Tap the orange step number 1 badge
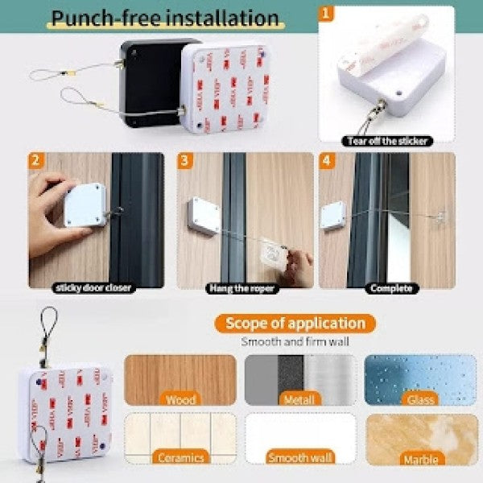(326, 14)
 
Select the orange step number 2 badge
(36, 159)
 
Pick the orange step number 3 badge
(184, 159)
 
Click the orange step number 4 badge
(326, 159)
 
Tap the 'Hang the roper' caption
(242, 287)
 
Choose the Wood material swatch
(180, 379)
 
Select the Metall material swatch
(299, 379)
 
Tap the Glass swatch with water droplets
(420, 379)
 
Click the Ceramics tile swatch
(180, 439)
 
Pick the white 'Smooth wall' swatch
(299, 439)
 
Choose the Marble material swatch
(420, 439)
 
